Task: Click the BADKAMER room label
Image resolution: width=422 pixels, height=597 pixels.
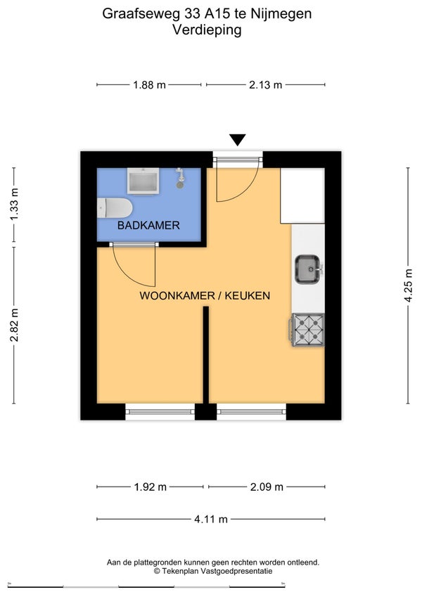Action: [x=148, y=226]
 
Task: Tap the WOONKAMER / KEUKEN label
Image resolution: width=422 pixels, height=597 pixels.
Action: [x=205, y=296]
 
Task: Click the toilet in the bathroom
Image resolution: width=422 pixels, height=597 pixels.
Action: [x=114, y=208]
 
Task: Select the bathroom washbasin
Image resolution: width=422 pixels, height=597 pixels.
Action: [x=143, y=181]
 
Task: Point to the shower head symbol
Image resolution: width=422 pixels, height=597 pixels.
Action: [x=180, y=178]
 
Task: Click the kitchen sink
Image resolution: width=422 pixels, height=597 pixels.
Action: [x=308, y=269]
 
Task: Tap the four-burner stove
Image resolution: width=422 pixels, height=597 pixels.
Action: [x=308, y=330]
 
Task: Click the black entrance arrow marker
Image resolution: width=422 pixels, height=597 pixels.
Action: [x=238, y=140]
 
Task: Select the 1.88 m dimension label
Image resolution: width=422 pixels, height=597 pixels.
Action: [x=149, y=85]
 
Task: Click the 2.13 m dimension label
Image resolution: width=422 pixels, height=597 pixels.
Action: [x=265, y=85]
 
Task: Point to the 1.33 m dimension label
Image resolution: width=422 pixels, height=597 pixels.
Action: [x=14, y=205]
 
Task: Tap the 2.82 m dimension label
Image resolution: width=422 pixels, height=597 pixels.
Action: [x=14, y=325]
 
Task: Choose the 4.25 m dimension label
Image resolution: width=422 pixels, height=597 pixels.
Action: [x=408, y=285]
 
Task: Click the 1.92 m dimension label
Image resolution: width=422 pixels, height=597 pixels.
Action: [x=151, y=487]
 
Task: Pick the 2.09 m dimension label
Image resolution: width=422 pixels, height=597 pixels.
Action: [x=267, y=487]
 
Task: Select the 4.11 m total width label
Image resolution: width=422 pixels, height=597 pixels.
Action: [x=211, y=520]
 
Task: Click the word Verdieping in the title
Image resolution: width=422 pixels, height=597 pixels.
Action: [x=207, y=30]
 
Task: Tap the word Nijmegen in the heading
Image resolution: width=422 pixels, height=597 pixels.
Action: [x=281, y=14]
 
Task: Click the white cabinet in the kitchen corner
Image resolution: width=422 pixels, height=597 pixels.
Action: [x=302, y=195]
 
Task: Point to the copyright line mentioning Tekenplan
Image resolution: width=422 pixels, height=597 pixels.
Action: [x=213, y=571]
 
